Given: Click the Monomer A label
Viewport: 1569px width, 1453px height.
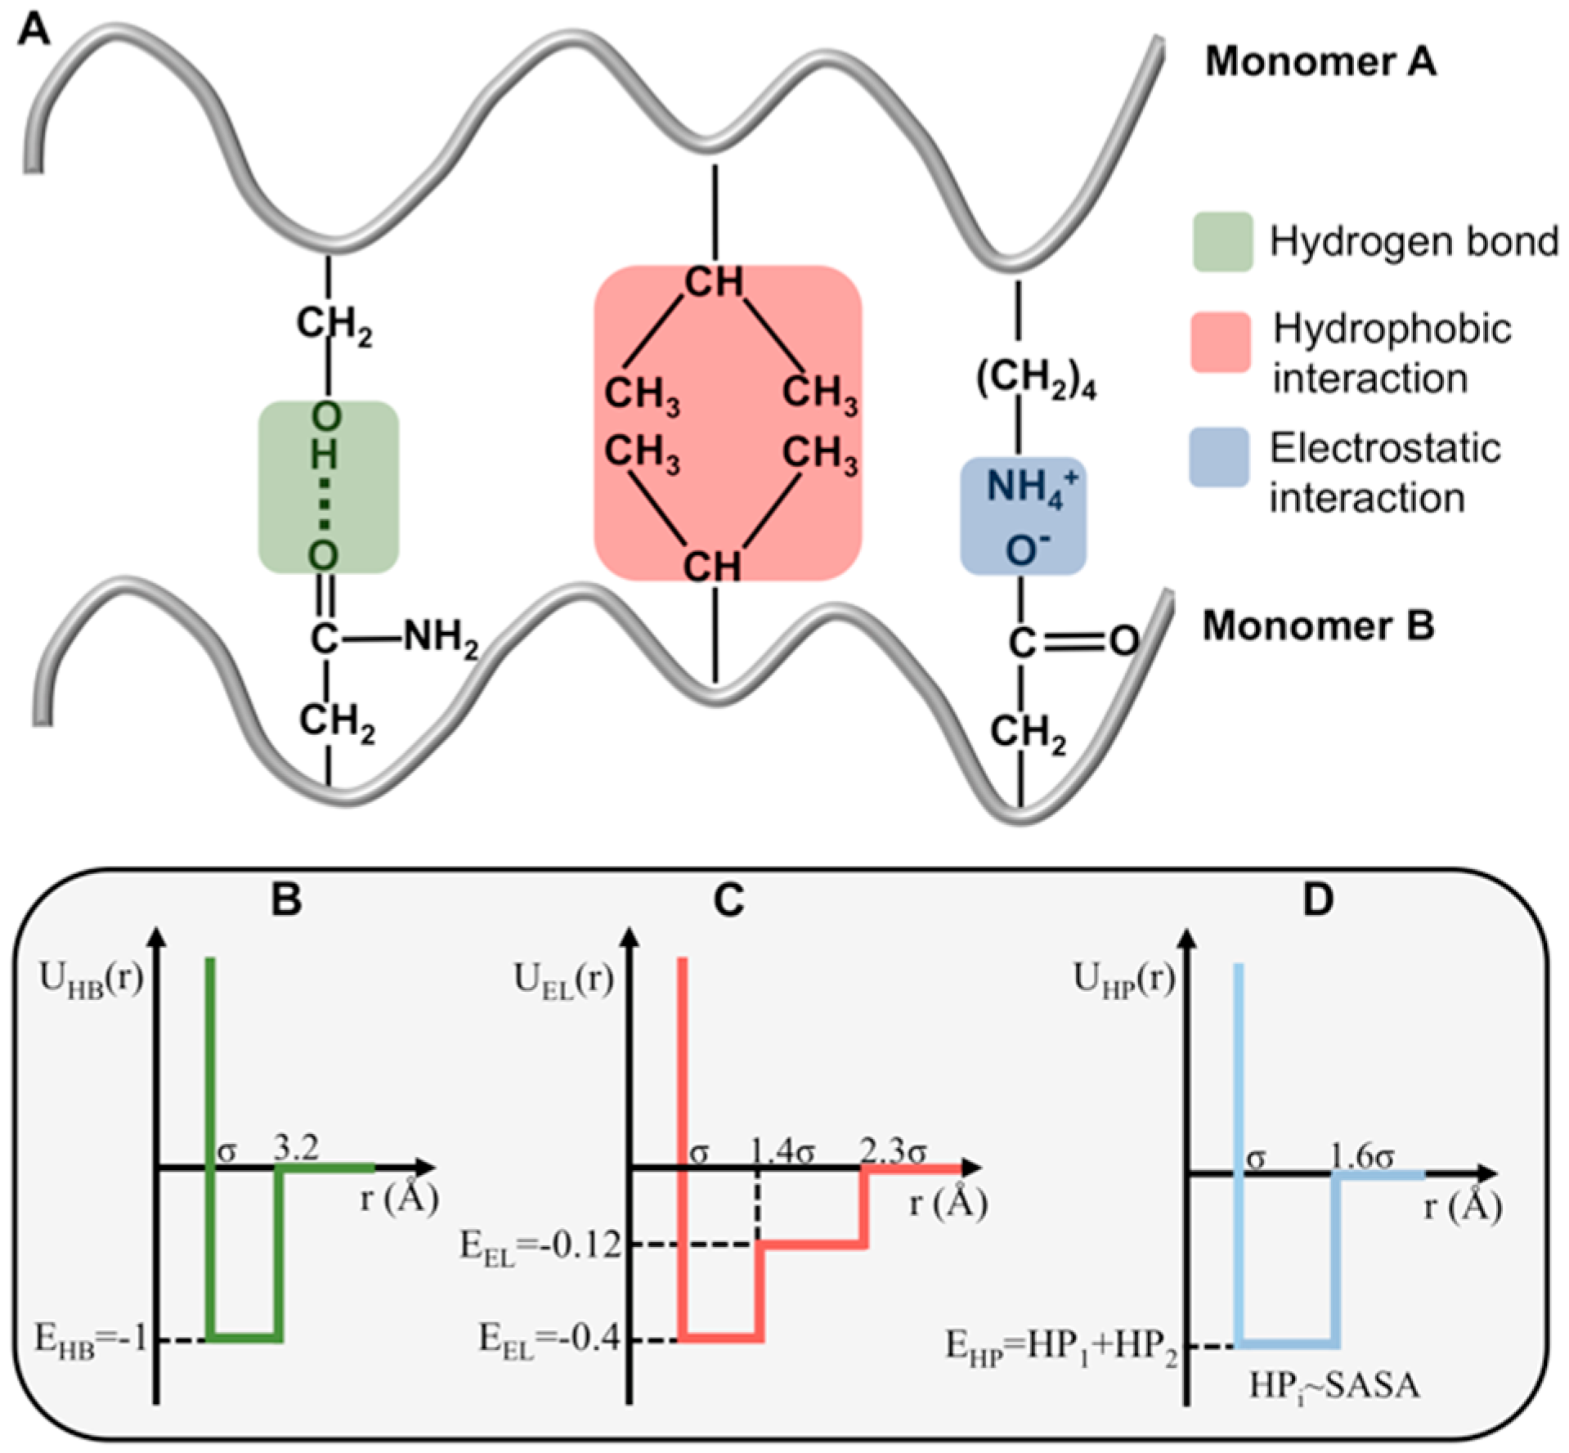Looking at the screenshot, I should tap(1320, 62).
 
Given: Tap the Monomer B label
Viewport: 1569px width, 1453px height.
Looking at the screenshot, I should tap(1318, 626).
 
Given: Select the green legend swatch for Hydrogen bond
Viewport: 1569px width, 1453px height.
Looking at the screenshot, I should tap(1222, 242).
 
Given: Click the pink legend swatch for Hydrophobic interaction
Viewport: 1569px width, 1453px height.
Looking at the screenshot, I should tap(1220, 342).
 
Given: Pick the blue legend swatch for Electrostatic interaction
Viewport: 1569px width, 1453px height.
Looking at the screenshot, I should tap(1218, 457).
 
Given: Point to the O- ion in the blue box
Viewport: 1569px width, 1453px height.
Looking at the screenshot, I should tap(1026, 550).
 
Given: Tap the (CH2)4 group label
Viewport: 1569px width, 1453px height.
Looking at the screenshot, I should tap(1035, 379).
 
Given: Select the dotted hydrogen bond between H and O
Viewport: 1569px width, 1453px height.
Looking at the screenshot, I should tap(325, 507).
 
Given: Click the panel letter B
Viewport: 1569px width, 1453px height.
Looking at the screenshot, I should tap(286, 899).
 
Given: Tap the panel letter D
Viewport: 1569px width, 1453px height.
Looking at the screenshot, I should tap(1317, 899).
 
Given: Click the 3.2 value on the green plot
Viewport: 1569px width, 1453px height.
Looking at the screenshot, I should tap(296, 1148).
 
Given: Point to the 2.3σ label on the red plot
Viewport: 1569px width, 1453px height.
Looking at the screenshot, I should tap(893, 1152).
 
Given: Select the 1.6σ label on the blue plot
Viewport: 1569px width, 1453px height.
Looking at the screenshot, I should tap(1361, 1157).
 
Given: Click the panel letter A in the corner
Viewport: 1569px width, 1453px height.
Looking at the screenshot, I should tap(34, 33).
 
